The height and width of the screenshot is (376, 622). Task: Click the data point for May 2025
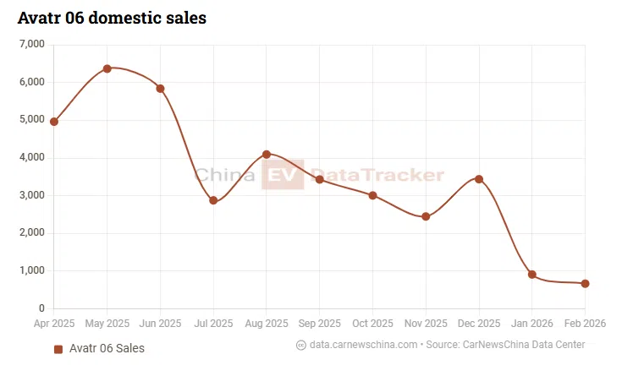[x=107, y=68]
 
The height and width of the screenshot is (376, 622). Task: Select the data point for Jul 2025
[x=213, y=200]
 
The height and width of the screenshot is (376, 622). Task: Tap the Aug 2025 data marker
[x=267, y=155]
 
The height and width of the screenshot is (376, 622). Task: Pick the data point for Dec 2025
[x=479, y=179]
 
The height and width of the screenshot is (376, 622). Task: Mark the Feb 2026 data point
[x=585, y=284]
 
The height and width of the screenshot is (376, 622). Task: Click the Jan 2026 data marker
[x=532, y=275]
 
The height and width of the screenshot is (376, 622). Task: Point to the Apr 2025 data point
[x=54, y=122]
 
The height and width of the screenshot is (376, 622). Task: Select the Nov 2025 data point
[x=426, y=217]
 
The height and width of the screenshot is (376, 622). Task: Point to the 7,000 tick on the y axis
[x=30, y=44]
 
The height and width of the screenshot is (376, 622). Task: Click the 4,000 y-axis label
[x=30, y=157]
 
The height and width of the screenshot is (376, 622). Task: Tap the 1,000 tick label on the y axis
[x=30, y=271]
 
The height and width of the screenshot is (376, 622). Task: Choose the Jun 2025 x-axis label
[x=160, y=324]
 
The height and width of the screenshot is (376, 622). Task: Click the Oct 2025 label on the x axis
[x=372, y=324]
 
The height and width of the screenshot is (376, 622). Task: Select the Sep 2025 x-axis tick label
[x=319, y=324]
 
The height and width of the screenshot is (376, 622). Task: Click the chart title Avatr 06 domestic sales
[x=112, y=17]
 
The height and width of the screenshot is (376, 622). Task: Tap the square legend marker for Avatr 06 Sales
[x=58, y=349]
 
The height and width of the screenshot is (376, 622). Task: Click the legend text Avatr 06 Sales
[x=107, y=349]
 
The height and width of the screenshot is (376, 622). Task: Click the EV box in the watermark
[x=282, y=176]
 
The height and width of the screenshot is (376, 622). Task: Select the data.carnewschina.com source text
[x=364, y=345]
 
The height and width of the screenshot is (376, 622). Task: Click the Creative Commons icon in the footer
[x=301, y=345]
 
